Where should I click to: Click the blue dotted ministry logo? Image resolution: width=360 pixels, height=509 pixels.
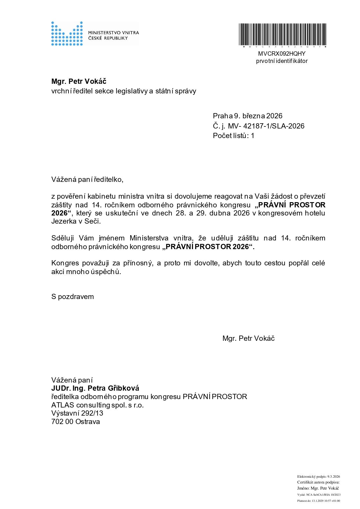67,34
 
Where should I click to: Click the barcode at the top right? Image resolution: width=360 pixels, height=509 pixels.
282,35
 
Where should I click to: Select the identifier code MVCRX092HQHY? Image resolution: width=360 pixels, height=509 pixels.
282,54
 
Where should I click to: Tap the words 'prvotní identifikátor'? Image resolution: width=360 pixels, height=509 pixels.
282,61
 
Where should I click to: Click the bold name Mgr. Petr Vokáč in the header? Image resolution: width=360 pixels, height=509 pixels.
79,81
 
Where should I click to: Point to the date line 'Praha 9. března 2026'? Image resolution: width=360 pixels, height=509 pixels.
247,116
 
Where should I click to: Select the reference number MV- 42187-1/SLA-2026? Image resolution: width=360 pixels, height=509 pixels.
266,126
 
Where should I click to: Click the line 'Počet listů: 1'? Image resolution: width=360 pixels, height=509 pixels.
234,135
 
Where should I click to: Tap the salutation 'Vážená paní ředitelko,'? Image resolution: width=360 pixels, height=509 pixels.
87,179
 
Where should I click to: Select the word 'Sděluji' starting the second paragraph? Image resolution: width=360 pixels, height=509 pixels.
62,238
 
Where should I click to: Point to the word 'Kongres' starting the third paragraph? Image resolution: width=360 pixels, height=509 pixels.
65,263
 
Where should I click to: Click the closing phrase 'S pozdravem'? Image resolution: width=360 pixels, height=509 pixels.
73,297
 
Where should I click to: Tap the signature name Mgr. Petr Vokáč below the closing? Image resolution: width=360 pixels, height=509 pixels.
248,338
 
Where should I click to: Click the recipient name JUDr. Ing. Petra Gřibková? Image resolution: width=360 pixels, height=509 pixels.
95,388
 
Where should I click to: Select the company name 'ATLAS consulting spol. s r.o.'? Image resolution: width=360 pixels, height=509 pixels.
97,405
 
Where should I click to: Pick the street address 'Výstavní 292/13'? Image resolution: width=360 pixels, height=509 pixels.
77,413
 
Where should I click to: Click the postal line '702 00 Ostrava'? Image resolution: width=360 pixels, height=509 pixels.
75,421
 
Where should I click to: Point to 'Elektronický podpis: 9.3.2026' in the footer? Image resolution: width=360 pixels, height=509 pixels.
318,477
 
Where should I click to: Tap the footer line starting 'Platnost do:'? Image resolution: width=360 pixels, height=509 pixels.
318,501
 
